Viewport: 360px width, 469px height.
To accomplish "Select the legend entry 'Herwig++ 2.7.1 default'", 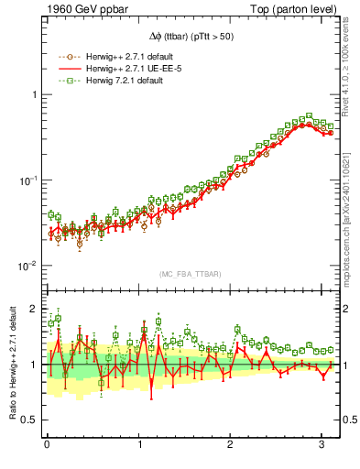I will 125,58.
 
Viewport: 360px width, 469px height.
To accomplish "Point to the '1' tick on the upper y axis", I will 34,95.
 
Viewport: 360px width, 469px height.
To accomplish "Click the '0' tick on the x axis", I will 47,444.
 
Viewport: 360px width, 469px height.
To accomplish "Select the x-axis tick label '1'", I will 138,444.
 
